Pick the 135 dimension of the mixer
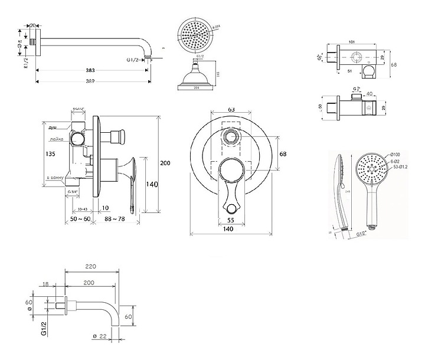(50, 154)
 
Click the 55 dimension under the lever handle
(230, 220)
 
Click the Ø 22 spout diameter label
(102, 336)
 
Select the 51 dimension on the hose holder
(349, 70)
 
